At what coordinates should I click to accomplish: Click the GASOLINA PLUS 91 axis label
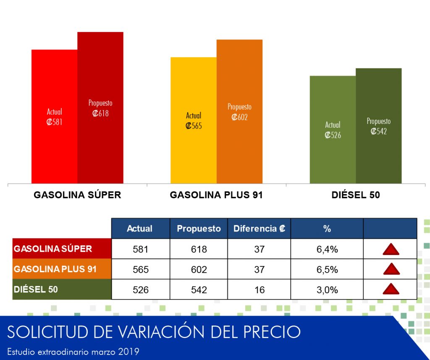pos(216,195)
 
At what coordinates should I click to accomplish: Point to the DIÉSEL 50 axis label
pos(356,195)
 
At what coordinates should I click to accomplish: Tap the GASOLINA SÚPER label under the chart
pos(77,195)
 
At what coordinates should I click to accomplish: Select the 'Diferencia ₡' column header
pos(259,229)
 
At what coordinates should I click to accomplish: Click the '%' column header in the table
pos(327,229)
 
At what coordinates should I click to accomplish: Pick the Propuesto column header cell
pos(199,229)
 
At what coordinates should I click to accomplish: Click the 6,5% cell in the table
pos(327,269)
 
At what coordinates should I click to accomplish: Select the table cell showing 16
pos(260,290)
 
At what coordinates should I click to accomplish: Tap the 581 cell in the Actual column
pos(140,249)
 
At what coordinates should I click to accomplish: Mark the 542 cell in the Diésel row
pos(199,290)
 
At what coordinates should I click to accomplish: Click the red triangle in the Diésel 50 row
pos(391,289)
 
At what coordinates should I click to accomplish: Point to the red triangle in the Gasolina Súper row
pos(391,249)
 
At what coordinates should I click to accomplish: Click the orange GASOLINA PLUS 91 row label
pos(62,269)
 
